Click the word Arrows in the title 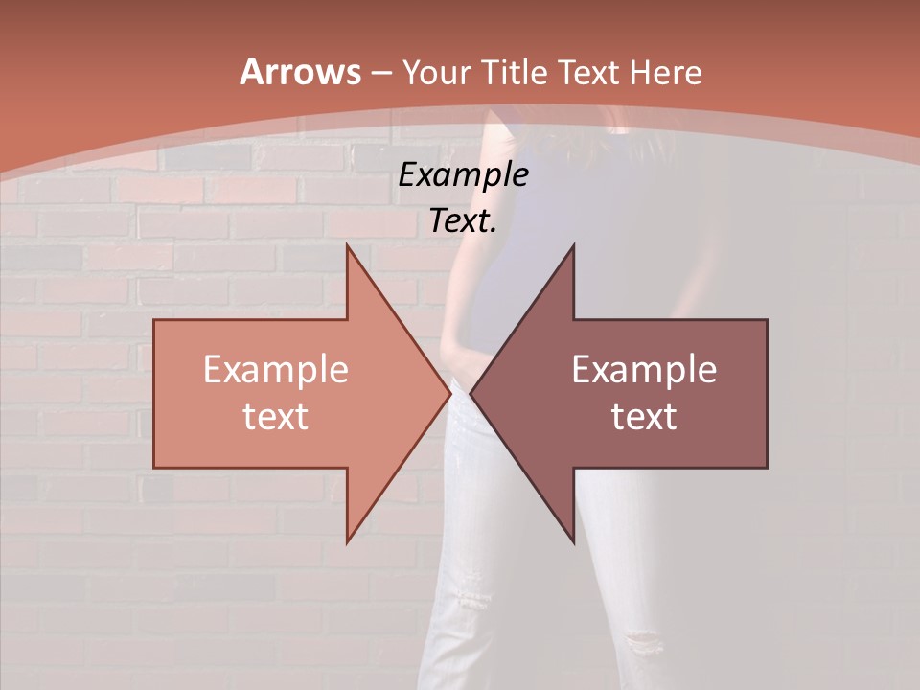301,73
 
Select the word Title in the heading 517,73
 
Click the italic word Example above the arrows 463,174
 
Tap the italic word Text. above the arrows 463,221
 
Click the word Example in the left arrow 276,370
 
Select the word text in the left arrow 276,417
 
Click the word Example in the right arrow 644,370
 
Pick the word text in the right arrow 644,417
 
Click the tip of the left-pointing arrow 471,394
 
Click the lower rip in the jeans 641,640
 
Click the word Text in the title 593,73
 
